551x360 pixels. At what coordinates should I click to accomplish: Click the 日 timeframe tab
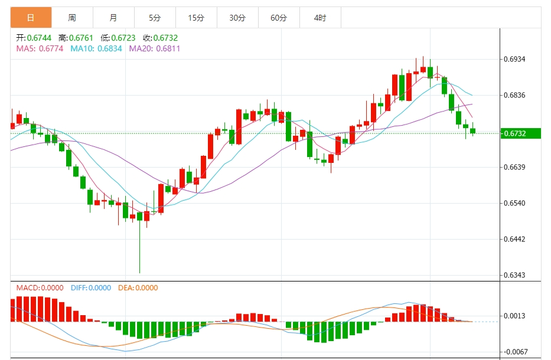pyautogui.click(x=31, y=18)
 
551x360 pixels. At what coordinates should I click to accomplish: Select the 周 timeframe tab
pyautogui.click(x=72, y=18)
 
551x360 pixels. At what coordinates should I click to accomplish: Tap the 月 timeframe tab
pyautogui.click(x=113, y=18)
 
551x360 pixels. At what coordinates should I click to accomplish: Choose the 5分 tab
pyautogui.click(x=155, y=18)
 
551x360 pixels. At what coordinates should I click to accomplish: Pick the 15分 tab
pyautogui.click(x=196, y=18)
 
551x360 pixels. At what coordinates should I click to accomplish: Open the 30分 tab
pyautogui.click(x=237, y=18)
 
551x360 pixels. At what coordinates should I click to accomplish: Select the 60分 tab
pyautogui.click(x=279, y=18)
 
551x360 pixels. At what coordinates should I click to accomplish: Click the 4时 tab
pyautogui.click(x=320, y=18)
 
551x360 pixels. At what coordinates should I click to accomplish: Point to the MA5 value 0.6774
pyautogui.click(x=51, y=48)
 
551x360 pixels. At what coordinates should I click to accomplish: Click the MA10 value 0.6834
pyautogui.click(x=109, y=48)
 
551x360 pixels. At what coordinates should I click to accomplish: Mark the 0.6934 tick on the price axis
pyautogui.click(x=514, y=60)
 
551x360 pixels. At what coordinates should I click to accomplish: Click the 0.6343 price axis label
pyautogui.click(x=514, y=276)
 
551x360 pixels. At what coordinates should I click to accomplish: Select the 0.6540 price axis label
pyautogui.click(x=514, y=204)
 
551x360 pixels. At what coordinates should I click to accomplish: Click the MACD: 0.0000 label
pyautogui.click(x=40, y=288)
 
